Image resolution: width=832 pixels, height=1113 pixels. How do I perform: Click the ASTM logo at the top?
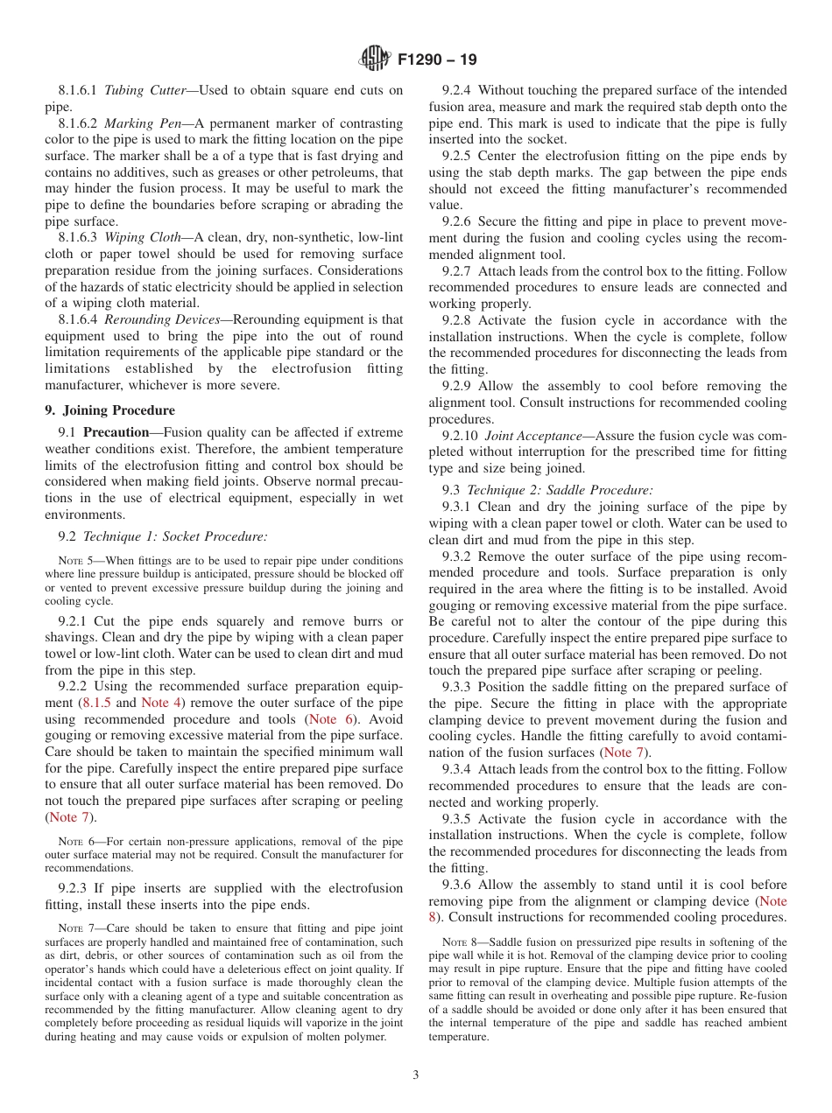[x=375, y=60]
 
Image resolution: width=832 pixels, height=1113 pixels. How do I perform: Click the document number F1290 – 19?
[x=437, y=61]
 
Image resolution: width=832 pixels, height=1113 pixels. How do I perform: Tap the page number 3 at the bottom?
[x=416, y=1075]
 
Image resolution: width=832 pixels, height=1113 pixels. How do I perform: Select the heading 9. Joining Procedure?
[x=109, y=410]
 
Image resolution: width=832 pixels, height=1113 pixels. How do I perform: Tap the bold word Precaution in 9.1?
[x=117, y=432]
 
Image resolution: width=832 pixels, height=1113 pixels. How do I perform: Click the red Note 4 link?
[x=160, y=703]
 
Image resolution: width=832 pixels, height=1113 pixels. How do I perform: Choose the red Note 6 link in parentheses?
[x=332, y=719]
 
